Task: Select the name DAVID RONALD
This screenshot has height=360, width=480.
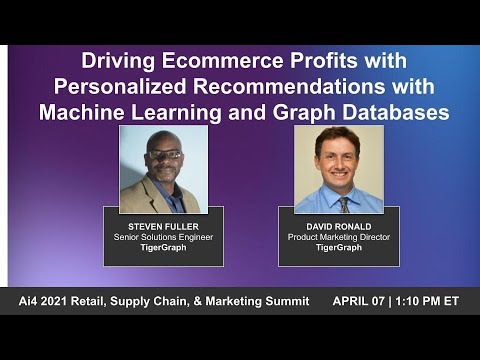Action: pos(337,227)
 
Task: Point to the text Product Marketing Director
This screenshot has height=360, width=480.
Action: pos(337,237)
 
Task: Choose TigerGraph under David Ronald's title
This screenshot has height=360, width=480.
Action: pos(337,248)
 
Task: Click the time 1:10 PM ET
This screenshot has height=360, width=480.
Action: pos(431,301)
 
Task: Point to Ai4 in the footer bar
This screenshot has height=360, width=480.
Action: pos(31,301)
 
